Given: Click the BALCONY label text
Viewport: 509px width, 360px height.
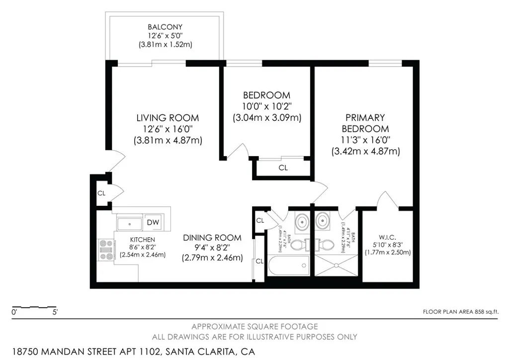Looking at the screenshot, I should [165, 27].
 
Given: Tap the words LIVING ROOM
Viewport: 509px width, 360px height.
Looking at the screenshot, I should [168, 118].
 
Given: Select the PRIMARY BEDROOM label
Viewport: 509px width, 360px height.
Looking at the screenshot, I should [365, 123].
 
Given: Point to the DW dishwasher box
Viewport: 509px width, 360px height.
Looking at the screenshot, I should [154, 222].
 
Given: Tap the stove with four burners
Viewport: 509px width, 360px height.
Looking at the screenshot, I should [105, 250].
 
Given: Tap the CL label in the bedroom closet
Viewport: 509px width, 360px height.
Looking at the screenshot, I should [283, 168].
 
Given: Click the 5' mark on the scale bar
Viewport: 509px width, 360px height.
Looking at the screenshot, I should [54, 313].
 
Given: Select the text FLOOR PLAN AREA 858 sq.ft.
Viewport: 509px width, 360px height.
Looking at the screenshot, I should [460, 312].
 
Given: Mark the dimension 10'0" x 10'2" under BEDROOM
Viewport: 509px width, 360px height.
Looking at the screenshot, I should [266, 106].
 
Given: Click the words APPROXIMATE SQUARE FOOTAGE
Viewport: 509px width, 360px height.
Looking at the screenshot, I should [254, 327].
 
